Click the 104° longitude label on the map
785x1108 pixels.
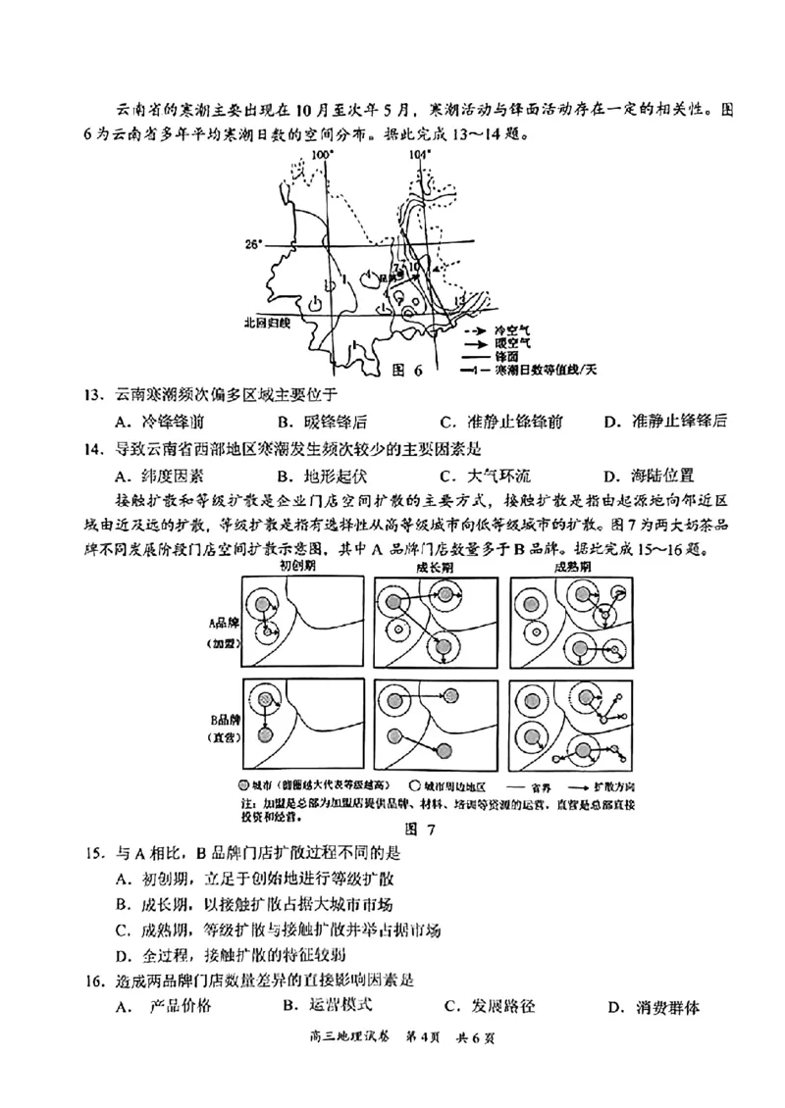(x=420, y=155)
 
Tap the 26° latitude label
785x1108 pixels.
(x=255, y=245)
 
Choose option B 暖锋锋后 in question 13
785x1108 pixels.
(x=323, y=423)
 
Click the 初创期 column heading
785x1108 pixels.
(x=299, y=568)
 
